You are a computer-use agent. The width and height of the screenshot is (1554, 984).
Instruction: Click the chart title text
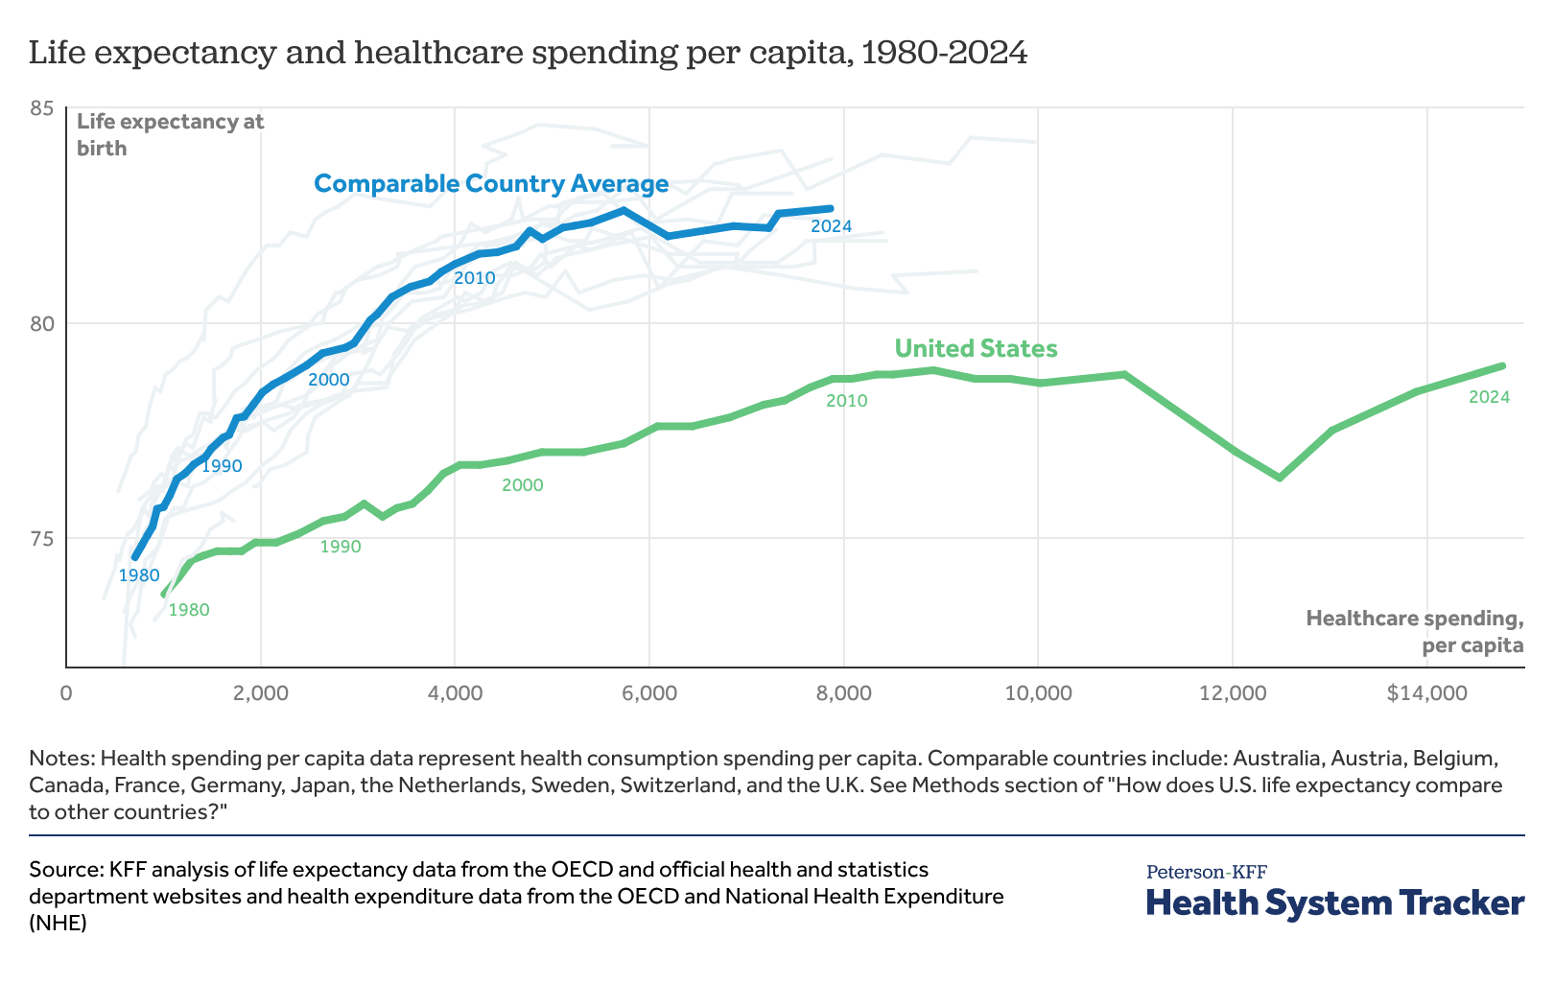tap(528, 53)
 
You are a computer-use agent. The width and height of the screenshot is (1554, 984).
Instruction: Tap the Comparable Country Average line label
tap(491, 183)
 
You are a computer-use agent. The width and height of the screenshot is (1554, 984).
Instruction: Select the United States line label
tap(976, 348)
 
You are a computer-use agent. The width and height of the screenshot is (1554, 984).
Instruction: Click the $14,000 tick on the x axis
tap(1426, 693)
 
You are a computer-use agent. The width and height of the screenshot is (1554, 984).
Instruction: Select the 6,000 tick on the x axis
tap(649, 693)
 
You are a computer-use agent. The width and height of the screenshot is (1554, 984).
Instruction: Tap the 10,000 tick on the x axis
tap(1038, 693)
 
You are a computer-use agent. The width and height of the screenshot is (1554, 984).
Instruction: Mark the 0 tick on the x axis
tap(66, 693)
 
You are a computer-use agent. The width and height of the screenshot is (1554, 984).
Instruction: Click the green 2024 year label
tap(1489, 397)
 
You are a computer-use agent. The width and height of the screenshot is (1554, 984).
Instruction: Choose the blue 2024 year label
tap(831, 227)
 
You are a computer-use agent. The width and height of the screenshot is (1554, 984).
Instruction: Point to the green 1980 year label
tap(188, 610)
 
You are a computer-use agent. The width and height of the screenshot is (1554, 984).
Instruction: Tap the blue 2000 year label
tap(328, 380)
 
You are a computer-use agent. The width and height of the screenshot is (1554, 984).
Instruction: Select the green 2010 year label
tap(846, 401)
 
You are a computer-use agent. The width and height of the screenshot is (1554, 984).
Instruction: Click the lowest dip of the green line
tap(1279, 477)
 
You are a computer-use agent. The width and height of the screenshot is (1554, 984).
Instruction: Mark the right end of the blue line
tap(831, 208)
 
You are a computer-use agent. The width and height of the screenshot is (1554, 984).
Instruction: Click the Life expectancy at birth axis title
tap(170, 134)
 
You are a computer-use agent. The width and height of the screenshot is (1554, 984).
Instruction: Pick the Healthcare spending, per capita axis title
tap(1414, 631)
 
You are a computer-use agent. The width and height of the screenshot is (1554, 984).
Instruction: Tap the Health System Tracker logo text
tap(1334, 902)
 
